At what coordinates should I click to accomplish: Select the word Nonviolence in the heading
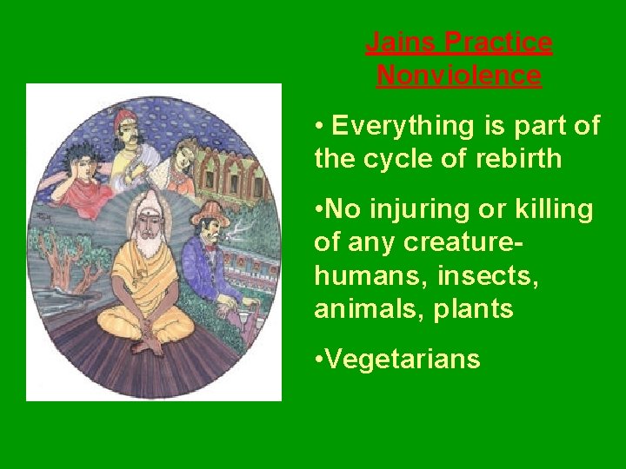[x=459, y=76]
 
